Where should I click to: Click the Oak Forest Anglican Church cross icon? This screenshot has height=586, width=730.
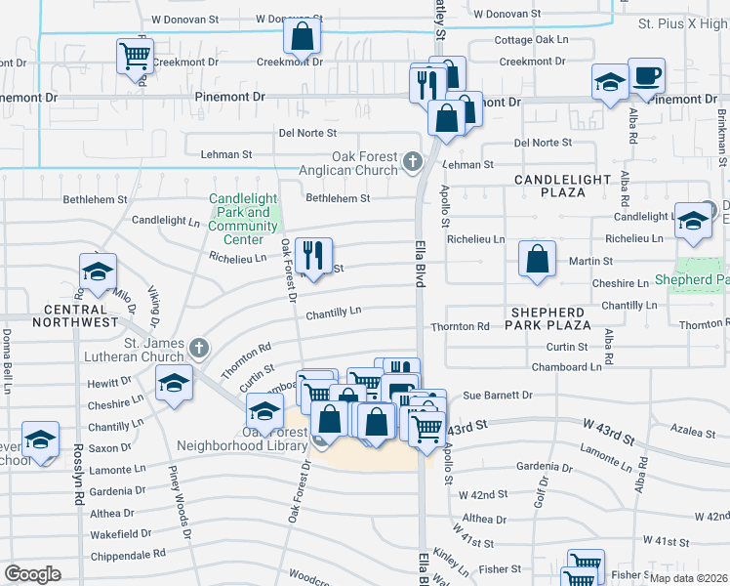pos(413,160)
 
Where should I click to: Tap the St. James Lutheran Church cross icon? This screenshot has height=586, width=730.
pos(199,348)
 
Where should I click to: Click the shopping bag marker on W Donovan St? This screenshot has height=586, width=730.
pos(303,36)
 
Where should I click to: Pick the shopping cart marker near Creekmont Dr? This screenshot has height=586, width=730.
pos(135,55)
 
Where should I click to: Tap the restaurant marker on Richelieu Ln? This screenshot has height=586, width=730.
pos(313,256)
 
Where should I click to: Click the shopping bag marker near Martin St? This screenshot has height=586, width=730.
pos(537,260)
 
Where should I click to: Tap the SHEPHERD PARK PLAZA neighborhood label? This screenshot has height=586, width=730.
pos(550,317)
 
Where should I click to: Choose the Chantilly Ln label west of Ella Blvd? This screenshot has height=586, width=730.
pos(334,313)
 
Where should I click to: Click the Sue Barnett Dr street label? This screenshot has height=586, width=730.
pos(497,396)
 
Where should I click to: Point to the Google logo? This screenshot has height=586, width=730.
pos(33,573)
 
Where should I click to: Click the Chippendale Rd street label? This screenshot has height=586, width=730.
pos(127,554)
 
